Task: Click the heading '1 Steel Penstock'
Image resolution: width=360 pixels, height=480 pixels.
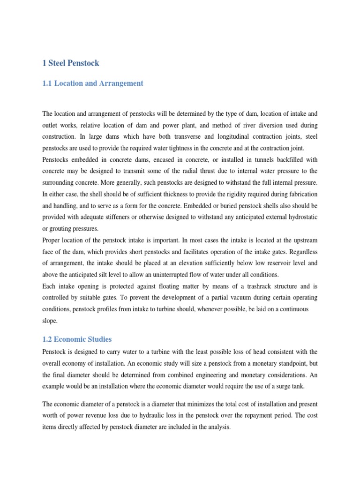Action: point(71,63)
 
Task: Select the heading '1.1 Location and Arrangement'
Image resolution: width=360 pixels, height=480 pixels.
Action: point(93,83)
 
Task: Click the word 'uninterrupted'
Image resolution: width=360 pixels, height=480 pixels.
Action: point(162,275)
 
